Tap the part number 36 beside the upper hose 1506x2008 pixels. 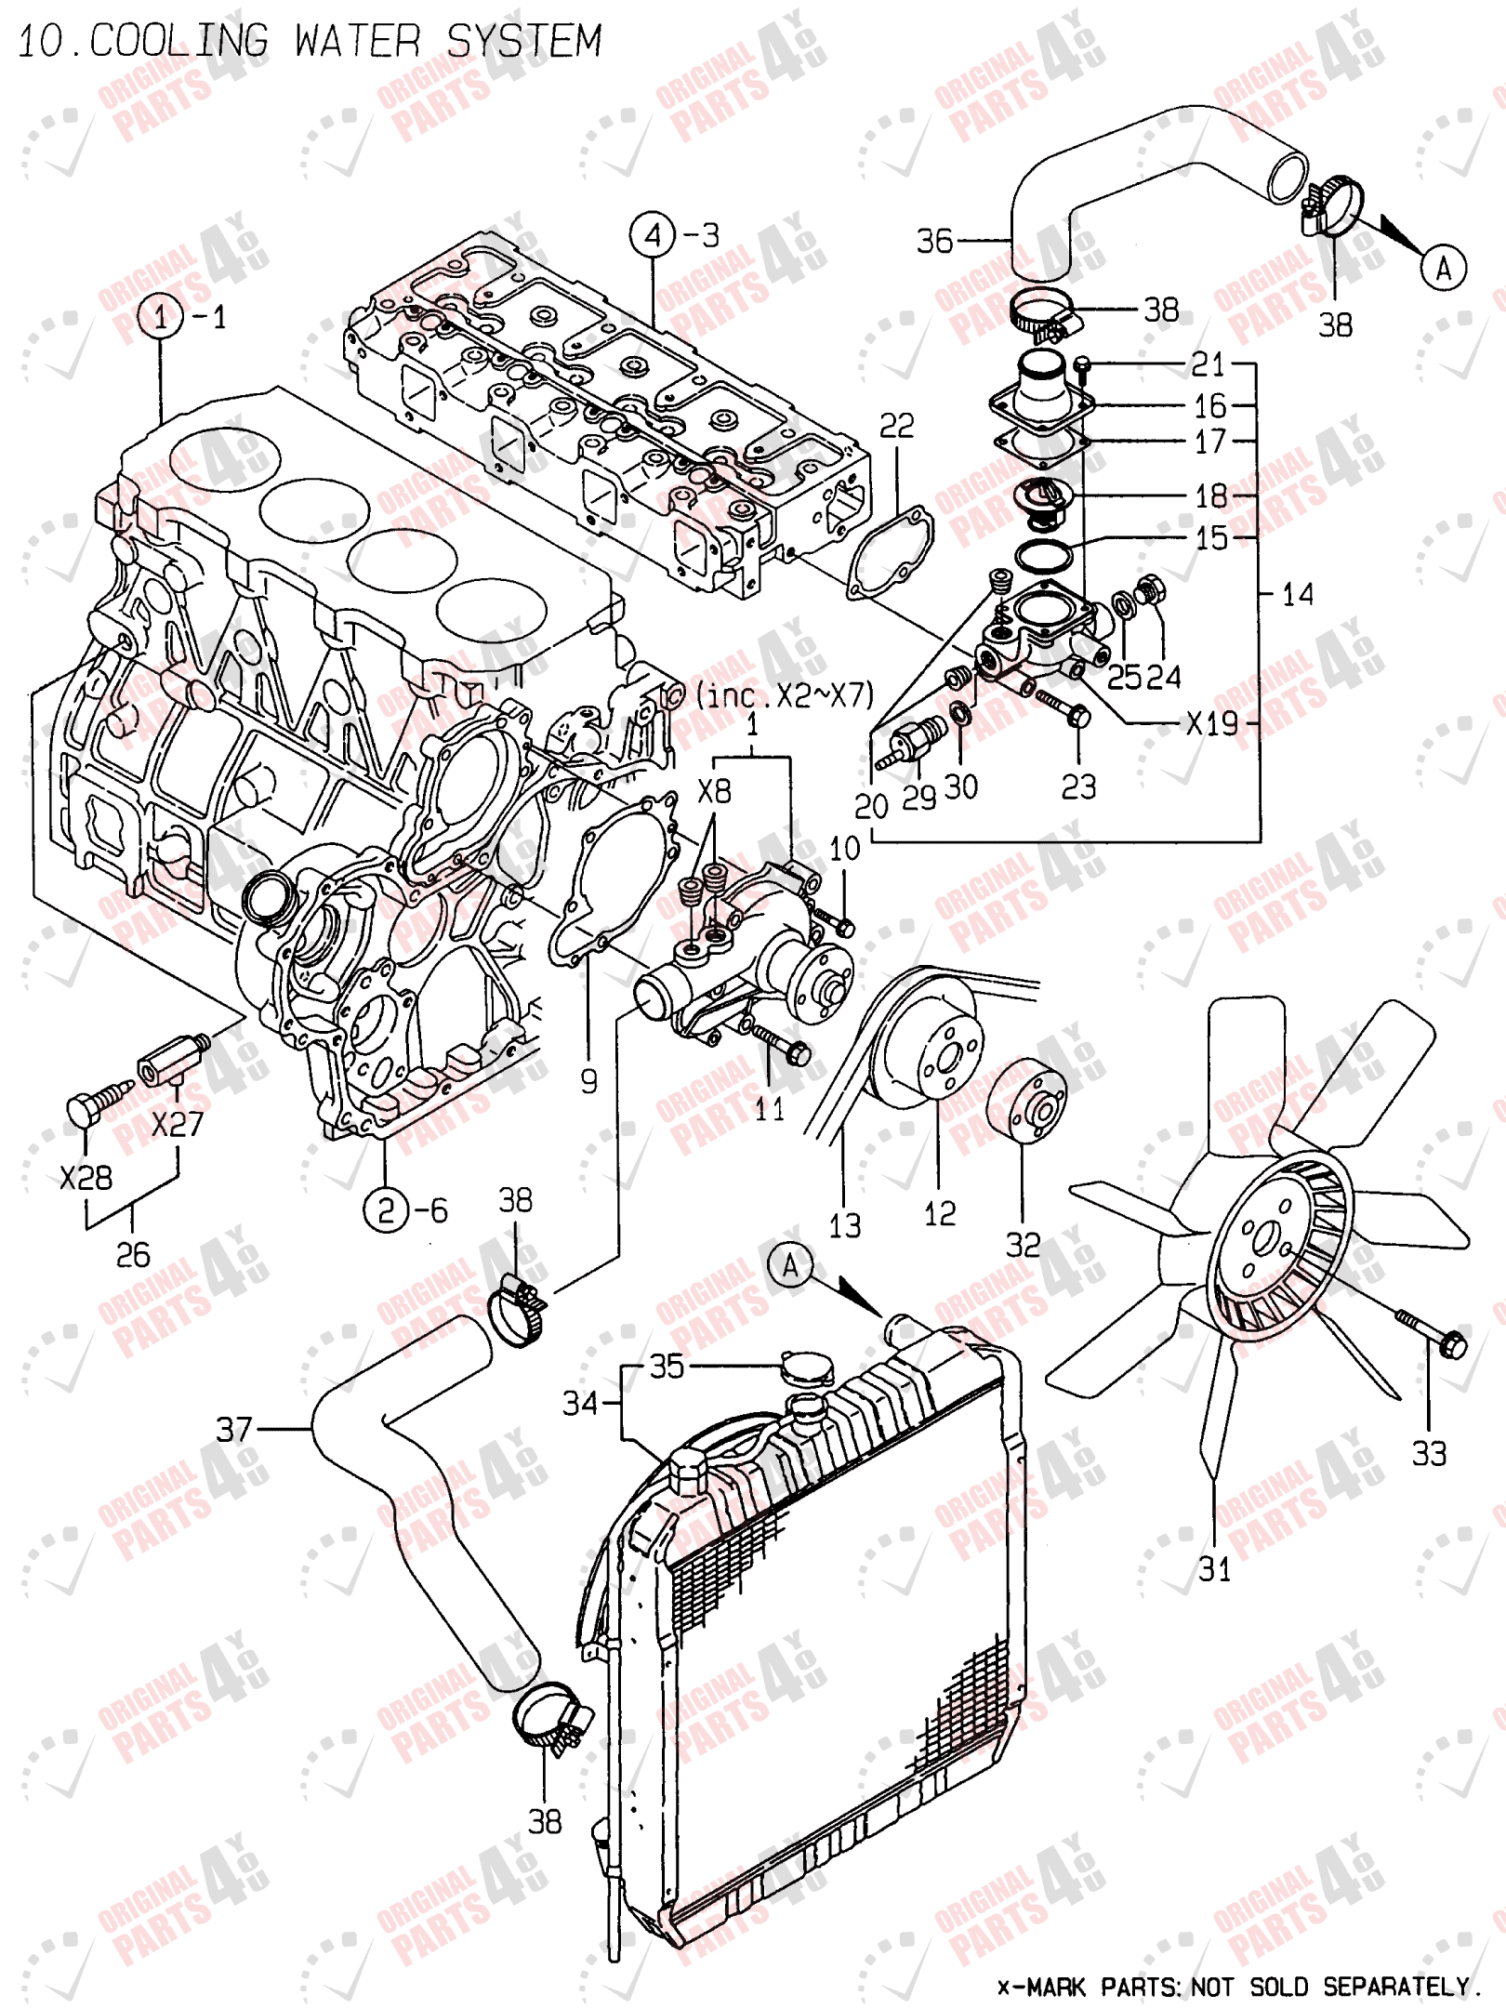tap(934, 241)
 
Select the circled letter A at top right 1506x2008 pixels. tap(1443, 269)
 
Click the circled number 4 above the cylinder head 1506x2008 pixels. tap(653, 235)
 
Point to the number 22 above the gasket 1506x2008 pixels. tap(897, 426)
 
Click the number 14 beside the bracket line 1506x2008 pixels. tap(1298, 594)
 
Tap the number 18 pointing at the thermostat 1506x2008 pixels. tap(1210, 495)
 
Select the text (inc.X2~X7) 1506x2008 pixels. tap(786, 694)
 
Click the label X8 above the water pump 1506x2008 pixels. tap(714, 791)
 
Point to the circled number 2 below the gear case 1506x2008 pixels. tap(386, 1209)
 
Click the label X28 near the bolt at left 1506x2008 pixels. tap(86, 1178)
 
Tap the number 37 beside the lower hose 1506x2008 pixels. tap(234, 1429)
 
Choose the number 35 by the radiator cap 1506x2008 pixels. tap(667, 1366)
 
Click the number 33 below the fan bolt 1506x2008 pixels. tap(1429, 1453)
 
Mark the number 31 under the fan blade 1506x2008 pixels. tap(1214, 1569)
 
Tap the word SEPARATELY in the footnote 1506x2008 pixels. tap(1396, 1987)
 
